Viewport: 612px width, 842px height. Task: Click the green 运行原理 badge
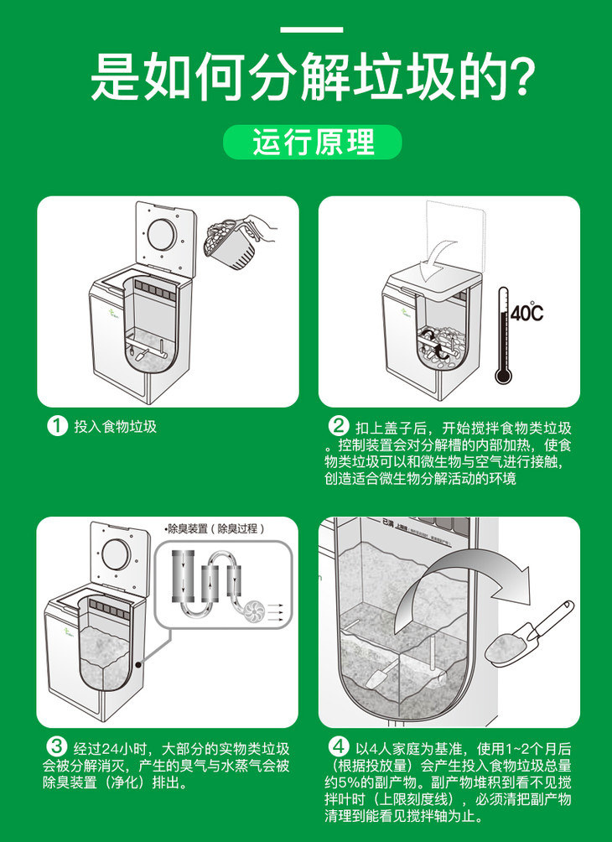313,143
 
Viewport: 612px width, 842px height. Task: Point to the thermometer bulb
503,374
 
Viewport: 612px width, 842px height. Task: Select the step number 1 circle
57,426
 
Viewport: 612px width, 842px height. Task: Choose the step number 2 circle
338,426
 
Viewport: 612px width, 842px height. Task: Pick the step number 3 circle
56,746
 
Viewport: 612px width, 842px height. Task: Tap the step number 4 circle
338,746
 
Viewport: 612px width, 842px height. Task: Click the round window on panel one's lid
162,234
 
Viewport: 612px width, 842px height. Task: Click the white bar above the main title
312,29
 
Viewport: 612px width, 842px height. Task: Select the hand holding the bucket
263,226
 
